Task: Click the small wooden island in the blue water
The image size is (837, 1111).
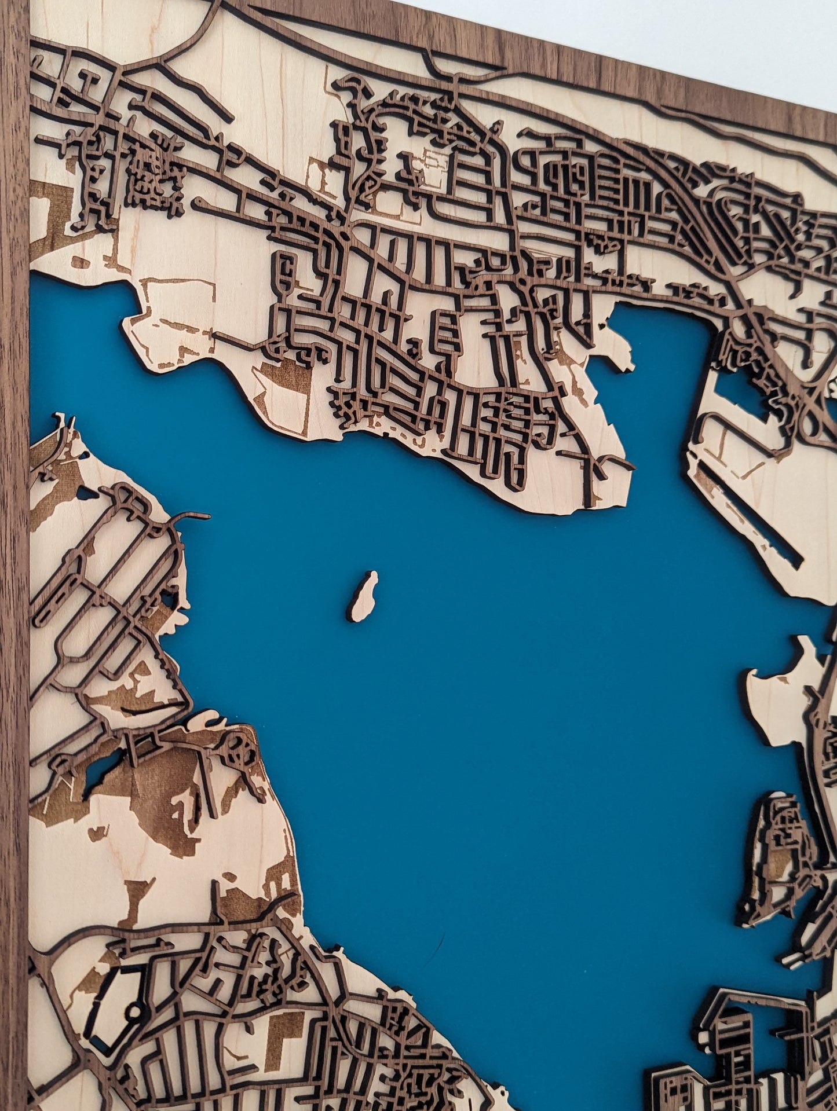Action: (363, 596)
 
